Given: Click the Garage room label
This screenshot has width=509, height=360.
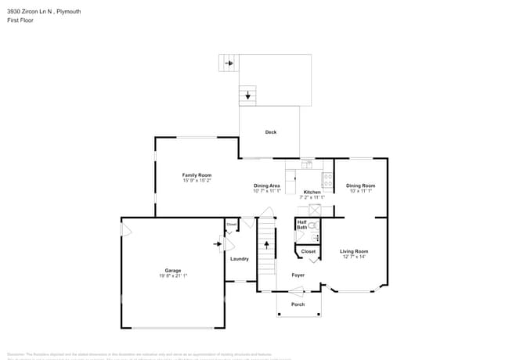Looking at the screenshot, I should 172,271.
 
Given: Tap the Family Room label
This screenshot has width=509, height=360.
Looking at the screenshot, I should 197,175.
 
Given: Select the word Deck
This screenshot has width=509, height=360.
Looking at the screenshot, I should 270,132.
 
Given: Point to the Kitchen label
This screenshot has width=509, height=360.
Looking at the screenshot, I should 312,192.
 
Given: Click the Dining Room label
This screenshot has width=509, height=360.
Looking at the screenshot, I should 360,185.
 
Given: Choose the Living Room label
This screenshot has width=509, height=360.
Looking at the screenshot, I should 354,251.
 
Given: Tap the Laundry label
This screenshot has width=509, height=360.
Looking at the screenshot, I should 239,259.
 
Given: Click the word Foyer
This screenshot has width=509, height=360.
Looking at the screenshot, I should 298,275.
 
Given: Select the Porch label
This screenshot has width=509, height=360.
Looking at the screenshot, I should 298,304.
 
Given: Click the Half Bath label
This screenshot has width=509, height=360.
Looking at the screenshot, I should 301,225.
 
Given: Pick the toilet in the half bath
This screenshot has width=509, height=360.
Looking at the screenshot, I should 312,225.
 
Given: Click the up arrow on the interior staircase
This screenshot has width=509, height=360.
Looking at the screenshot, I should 267,244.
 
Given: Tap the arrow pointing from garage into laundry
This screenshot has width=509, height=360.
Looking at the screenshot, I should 218,243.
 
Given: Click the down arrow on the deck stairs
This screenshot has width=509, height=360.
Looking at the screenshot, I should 248,96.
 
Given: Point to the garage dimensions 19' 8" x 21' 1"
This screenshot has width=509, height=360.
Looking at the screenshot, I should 172,276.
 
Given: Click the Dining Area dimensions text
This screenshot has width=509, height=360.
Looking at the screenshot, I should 266,191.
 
